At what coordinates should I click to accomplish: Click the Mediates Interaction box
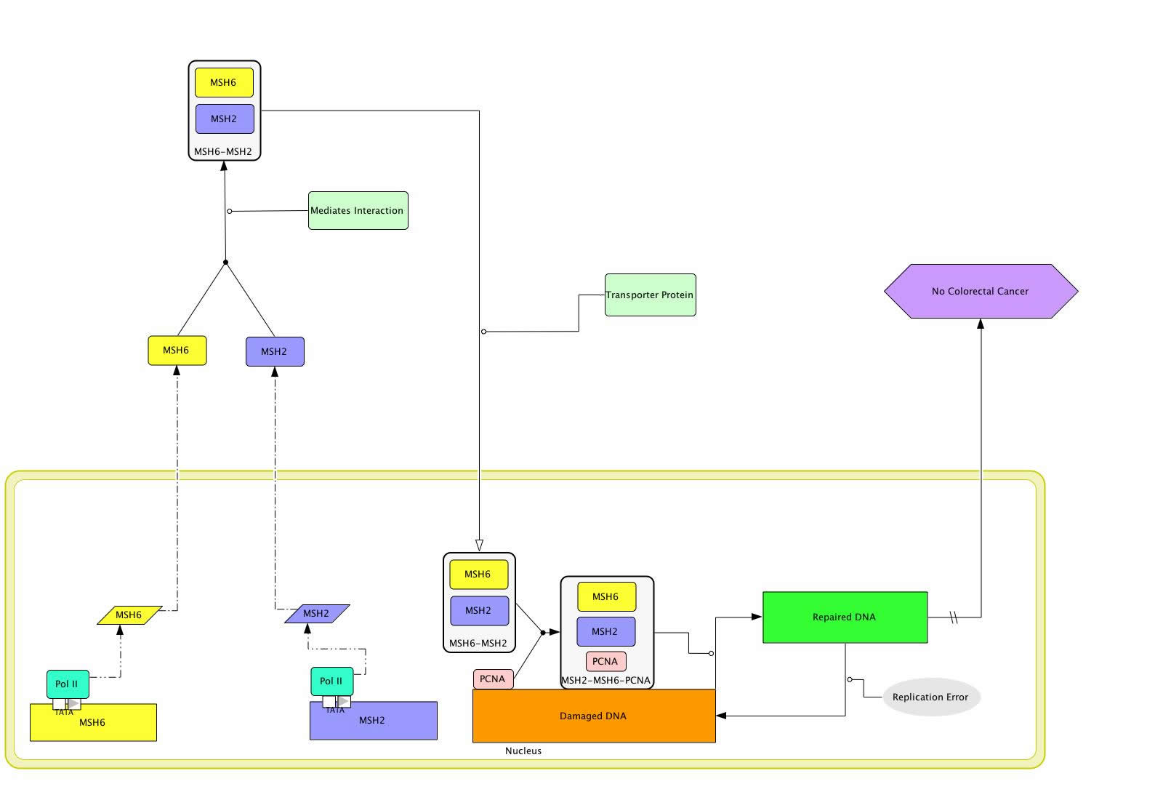coord(358,211)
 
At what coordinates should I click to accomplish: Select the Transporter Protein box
coord(650,295)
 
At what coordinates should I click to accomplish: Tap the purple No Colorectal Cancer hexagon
coord(981,291)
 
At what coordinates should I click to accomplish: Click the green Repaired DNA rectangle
coord(845,617)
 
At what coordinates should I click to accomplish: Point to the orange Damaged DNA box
coord(593,716)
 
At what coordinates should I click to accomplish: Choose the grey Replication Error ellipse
coord(930,697)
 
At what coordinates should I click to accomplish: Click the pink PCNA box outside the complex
coord(493,679)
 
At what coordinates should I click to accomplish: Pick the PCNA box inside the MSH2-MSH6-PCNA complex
coord(605,661)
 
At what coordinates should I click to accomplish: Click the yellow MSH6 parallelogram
coord(129,615)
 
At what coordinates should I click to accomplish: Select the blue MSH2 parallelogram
coord(316,614)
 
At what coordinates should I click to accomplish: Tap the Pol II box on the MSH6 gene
coord(68,684)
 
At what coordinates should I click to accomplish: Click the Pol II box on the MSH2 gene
coord(331,681)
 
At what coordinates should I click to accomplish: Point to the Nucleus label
coord(523,751)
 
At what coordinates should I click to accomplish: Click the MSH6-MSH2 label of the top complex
coord(223,152)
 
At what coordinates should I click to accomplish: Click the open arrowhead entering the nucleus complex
coord(479,545)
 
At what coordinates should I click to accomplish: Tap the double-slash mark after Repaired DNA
coord(954,618)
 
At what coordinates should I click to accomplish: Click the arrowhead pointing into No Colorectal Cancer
coord(981,324)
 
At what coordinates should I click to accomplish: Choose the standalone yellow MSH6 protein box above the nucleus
coord(177,351)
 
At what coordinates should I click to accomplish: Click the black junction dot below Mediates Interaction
coord(225,263)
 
